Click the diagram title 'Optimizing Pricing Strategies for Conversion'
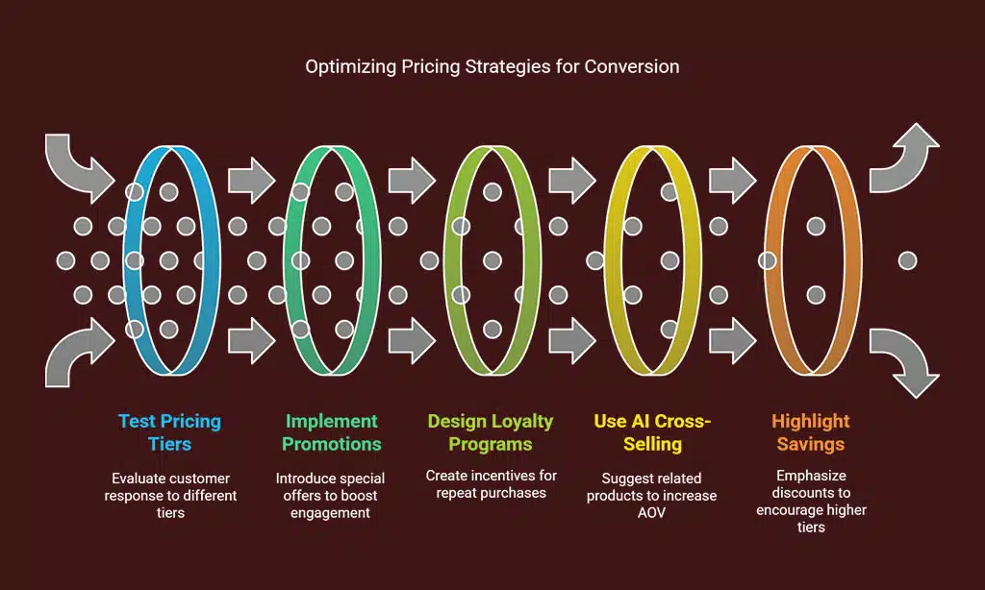[x=492, y=66]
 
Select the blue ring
[x=171, y=260]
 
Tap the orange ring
[x=813, y=260]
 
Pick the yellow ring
[x=653, y=260]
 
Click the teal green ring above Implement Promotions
[x=332, y=260]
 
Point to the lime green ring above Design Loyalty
[x=492, y=260]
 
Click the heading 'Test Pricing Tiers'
[x=169, y=432]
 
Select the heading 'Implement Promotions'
[x=331, y=432]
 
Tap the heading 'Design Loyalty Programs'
[x=491, y=432]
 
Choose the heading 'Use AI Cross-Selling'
[x=653, y=432]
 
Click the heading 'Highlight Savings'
[x=810, y=432]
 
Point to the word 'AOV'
[x=651, y=513]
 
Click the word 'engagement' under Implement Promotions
[x=330, y=513]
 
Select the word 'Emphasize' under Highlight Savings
[x=811, y=476]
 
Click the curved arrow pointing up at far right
[x=904, y=158]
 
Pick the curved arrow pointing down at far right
[x=904, y=363]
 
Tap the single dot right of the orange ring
[x=907, y=260]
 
